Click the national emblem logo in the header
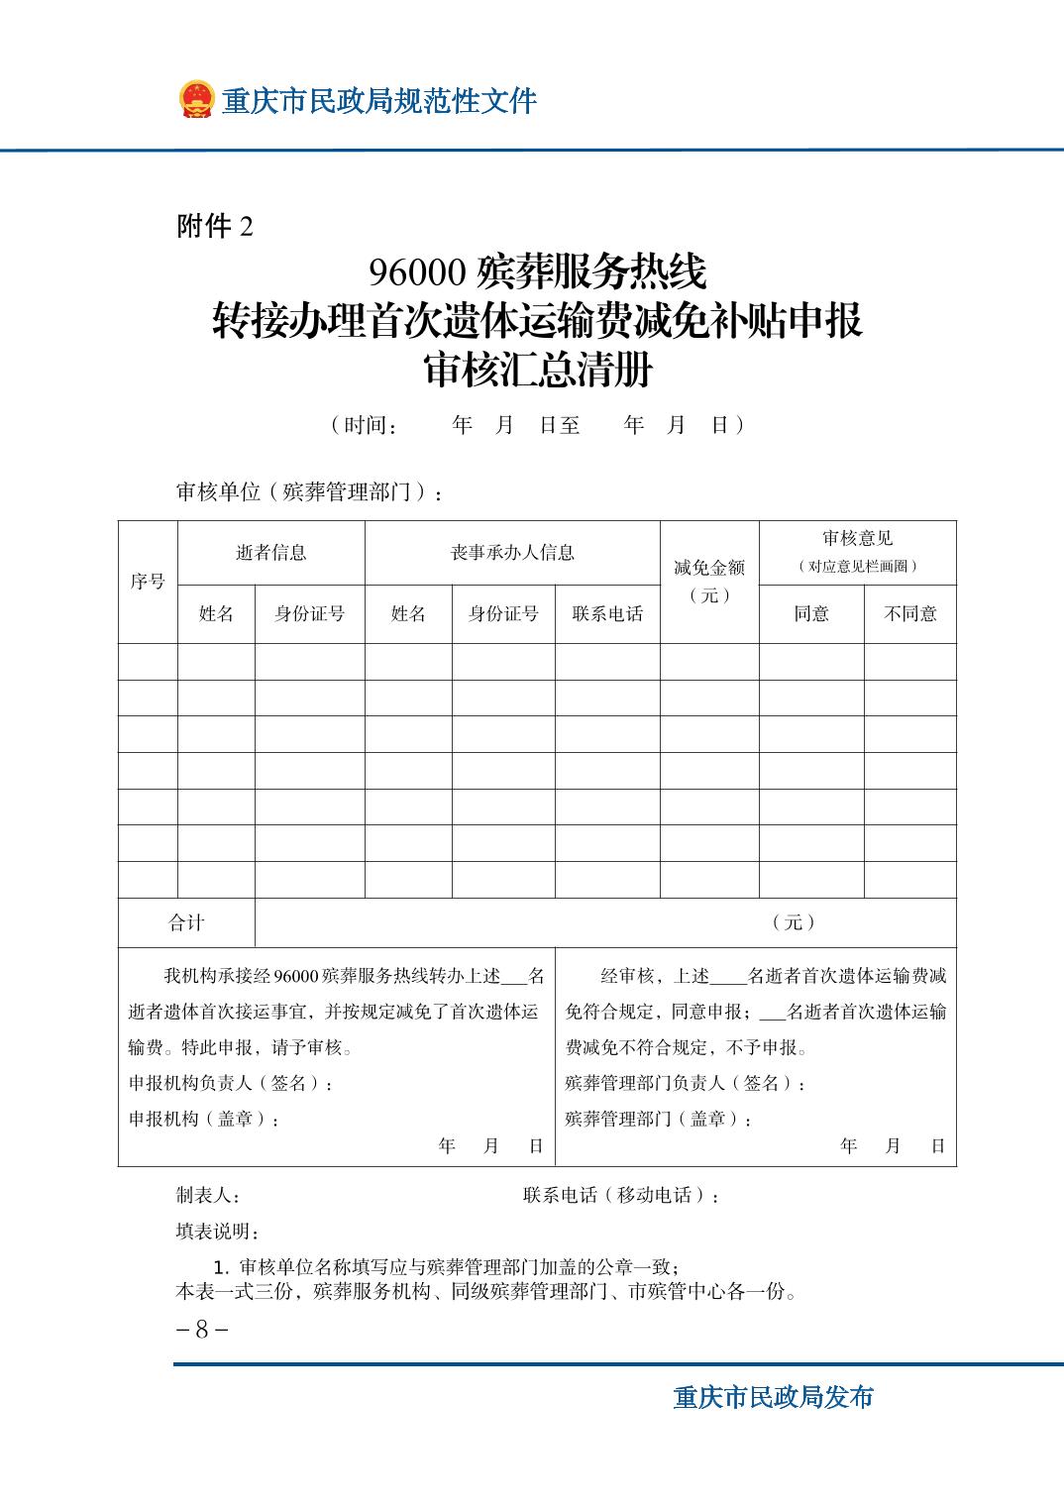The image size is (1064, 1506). click(196, 100)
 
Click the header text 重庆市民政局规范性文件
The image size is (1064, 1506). click(378, 101)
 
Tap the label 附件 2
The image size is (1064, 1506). click(215, 227)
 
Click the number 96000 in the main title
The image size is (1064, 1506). click(418, 270)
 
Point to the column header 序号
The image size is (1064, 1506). click(148, 582)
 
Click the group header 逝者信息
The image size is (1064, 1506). click(270, 553)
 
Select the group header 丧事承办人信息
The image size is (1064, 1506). click(512, 553)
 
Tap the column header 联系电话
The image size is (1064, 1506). click(607, 614)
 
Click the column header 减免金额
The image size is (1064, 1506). click(709, 568)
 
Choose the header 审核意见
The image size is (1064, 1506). click(858, 538)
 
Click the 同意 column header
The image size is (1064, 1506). click(811, 614)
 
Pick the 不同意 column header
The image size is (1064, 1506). click(909, 614)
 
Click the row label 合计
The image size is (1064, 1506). click(186, 922)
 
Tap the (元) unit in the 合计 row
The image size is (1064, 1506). click(795, 922)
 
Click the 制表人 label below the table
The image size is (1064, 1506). click(208, 1196)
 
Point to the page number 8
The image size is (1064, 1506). click(201, 1330)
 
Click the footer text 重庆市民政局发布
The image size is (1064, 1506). click(774, 1398)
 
